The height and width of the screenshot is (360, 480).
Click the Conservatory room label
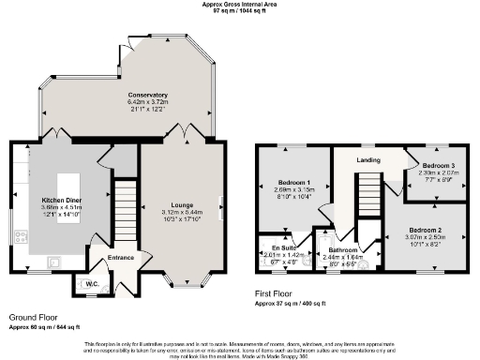point(148,95)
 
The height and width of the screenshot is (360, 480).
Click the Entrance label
point(121,258)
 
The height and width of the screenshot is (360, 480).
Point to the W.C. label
point(93,284)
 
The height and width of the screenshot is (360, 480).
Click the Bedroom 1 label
point(293,183)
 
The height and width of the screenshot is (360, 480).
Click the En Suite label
point(273,247)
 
